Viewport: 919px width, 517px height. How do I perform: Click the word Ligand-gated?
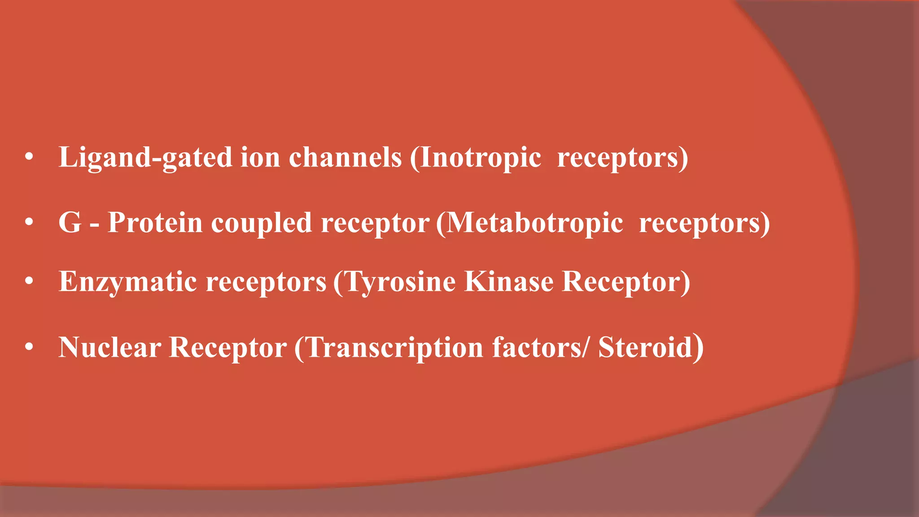click(145, 158)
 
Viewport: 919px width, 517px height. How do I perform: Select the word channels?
click(345, 158)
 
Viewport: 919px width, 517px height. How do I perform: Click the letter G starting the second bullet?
click(70, 223)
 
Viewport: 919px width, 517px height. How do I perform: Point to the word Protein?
click(155, 223)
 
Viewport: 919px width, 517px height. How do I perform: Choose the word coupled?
click(261, 223)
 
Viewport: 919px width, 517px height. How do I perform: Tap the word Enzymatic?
click(128, 282)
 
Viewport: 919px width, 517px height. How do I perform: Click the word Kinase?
click(509, 281)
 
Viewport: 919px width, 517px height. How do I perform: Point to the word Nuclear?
click(110, 347)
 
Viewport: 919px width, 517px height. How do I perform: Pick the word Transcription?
click(395, 348)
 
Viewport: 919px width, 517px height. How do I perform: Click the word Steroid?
click(645, 347)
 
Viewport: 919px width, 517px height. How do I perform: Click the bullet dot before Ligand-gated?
click(30, 158)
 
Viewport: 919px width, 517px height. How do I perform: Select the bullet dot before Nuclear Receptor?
click(30, 347)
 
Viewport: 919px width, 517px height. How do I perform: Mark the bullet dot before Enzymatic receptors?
click(30, 281)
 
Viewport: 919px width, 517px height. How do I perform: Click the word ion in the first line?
click(260, 158)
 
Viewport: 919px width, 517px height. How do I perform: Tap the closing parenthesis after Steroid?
click(698, 347)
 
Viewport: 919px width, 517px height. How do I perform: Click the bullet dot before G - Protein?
click(30, 222)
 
